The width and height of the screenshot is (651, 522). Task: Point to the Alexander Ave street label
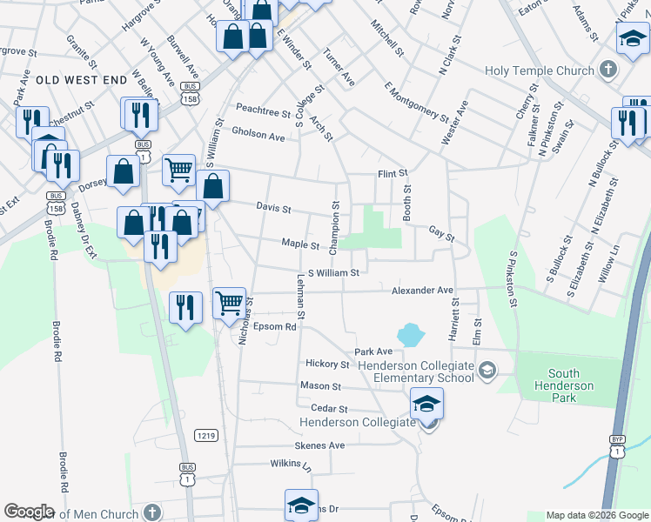click(x=422, y=290)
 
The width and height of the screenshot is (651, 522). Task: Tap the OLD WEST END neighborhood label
click(x=82, y=80)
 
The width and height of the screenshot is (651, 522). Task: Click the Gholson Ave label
click(x=258, y=137)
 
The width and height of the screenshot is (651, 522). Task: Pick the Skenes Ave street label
click(x=320, y=445)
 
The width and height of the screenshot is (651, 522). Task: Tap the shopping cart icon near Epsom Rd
click(x=229, y=304)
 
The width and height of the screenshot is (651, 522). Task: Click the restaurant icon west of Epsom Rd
click(x=186, y=307)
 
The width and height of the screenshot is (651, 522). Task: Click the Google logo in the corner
click(x=29, y=512)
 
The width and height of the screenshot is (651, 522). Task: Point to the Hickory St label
click(x=327, y=364)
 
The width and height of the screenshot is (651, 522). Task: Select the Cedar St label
click(x=329, y=408)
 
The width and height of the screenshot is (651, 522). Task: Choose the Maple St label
click(x=301, y=244)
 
